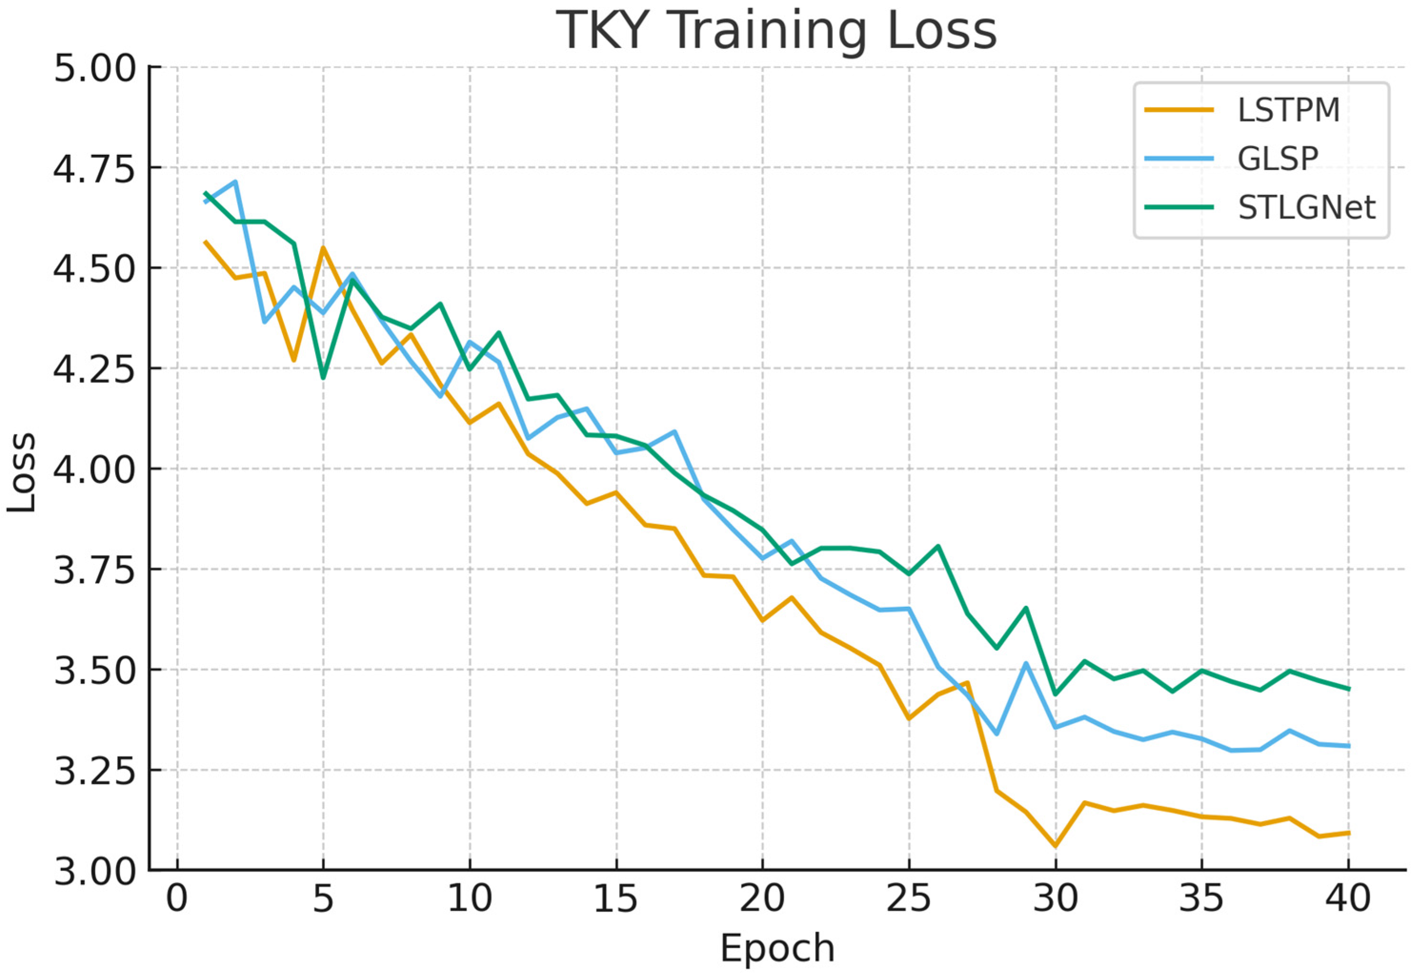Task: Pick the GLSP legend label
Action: point(1278,159)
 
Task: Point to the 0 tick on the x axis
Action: point(177,899)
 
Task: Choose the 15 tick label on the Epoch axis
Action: point(616,899)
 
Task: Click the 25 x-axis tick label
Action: point(909,899)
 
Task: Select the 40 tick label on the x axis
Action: point(1348,899)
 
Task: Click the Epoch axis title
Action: point(777,948)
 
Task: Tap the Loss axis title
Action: point(22,472)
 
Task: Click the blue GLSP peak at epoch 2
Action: point(235,181)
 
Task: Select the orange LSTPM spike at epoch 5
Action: point(323,248)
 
